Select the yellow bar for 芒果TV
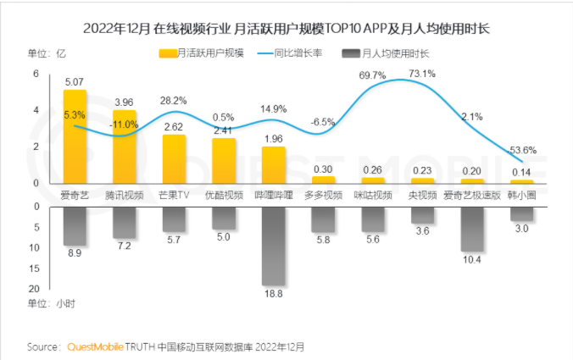click(x=174, y=159)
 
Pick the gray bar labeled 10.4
click(x=472, y=229)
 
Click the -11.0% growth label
click(x=124, y=125)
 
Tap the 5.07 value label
click(x=75, y=83)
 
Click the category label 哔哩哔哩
click(x=273, y=195)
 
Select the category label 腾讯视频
click(x=125, y=195)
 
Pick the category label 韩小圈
click(x=522, y=195)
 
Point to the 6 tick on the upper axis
click(x=36, y=74)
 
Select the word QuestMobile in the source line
click(x=95, y=347)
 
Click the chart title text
click(x=286, y=29)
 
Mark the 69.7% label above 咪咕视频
click(x=372, y=76)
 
